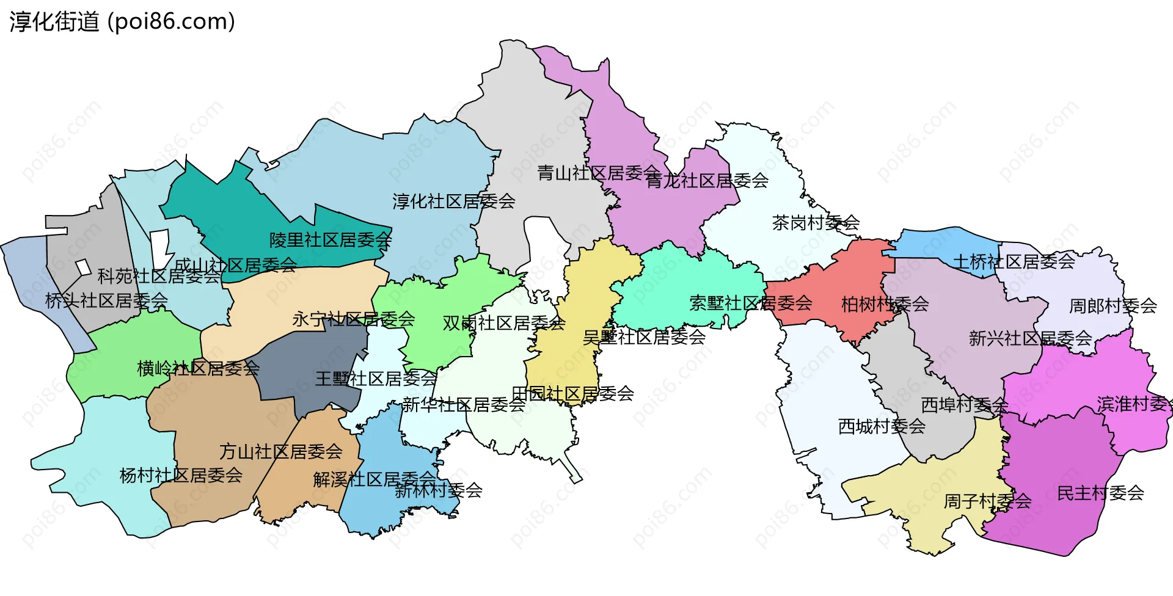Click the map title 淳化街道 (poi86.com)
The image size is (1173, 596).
[x=122, y=22]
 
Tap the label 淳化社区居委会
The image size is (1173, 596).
[x=453, y=201]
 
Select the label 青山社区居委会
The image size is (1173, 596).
[x=597, y=173]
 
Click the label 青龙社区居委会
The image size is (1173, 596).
[x=707, y=181]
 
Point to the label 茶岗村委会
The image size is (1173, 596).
[x=816, y=223]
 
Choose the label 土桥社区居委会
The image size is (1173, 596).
[x=1014, y=262]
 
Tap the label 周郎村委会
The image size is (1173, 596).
[x=1113, y=306]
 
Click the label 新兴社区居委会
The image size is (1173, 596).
[x=1030, y=338]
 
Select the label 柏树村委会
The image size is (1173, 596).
[x=885, y=304]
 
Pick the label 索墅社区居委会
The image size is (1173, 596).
[x=750, y=303]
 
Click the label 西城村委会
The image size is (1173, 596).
[x=882, y=426]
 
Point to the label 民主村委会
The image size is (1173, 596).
[x=1100, y=493]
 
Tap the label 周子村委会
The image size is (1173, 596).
[x=987, y=501]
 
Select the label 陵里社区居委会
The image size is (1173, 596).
[x=331, y=240]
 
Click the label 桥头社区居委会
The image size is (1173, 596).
[x=106, y=300]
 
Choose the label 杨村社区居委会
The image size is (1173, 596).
[x=181, y=475]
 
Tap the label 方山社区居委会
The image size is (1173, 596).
[x=281, y=452]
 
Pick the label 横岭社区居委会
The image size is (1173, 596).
[x=198, y=368]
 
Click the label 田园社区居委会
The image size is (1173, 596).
[x=572, y=394]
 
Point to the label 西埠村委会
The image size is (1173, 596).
[x=964, y=405]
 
